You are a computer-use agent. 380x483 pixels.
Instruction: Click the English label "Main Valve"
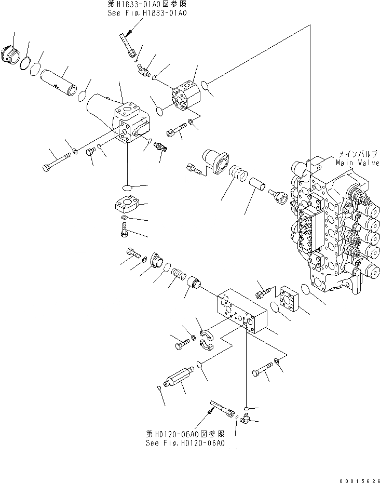357,163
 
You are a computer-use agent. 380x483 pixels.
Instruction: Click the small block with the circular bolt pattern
184,98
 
